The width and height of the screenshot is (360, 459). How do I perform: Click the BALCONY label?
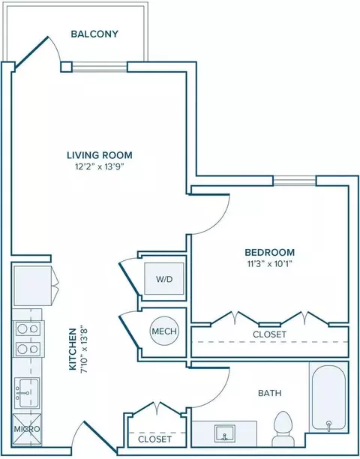pyautogui.click(x=94, y=34)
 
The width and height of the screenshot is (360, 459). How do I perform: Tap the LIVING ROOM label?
pyautogui.click(x=100, y=154)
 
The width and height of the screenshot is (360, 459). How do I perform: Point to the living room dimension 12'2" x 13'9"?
pyautogui.click(x=100, y=166)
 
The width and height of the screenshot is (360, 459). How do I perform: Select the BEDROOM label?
pyautogui.click(x=269, y=252)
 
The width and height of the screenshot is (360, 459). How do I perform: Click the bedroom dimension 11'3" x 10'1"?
pyautogui.click(x=269, y=264)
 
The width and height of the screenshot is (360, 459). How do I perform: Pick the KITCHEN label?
pyautogui.click(x=73, y=349)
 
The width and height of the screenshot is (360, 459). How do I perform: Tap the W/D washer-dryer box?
pyautogui.click(x=164, y=278)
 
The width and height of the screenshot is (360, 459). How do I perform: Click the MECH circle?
pyautogui.click(x=164, y=331)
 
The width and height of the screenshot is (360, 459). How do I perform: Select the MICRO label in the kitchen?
pyautogui.click(x=27, y=429)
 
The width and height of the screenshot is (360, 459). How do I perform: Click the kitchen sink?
pyautogui.click(x=27, y=393)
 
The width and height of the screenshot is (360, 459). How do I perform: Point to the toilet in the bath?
pyautogui.click(x=283, y=428)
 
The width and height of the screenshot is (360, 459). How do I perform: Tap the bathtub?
pyautogui.click(x=329, y=397)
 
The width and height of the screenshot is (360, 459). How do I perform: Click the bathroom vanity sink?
pyautogui.click(x=224, y=433)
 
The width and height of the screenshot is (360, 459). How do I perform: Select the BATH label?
pyautogui.click(x=270, y=393)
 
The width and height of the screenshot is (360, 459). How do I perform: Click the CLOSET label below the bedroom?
pyautogui.click(x=269, y=334)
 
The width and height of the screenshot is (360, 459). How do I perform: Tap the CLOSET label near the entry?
pyautogui.click(x=154, y=439)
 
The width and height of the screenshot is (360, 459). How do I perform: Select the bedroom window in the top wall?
pyautogui.click(x=295, y=181)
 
